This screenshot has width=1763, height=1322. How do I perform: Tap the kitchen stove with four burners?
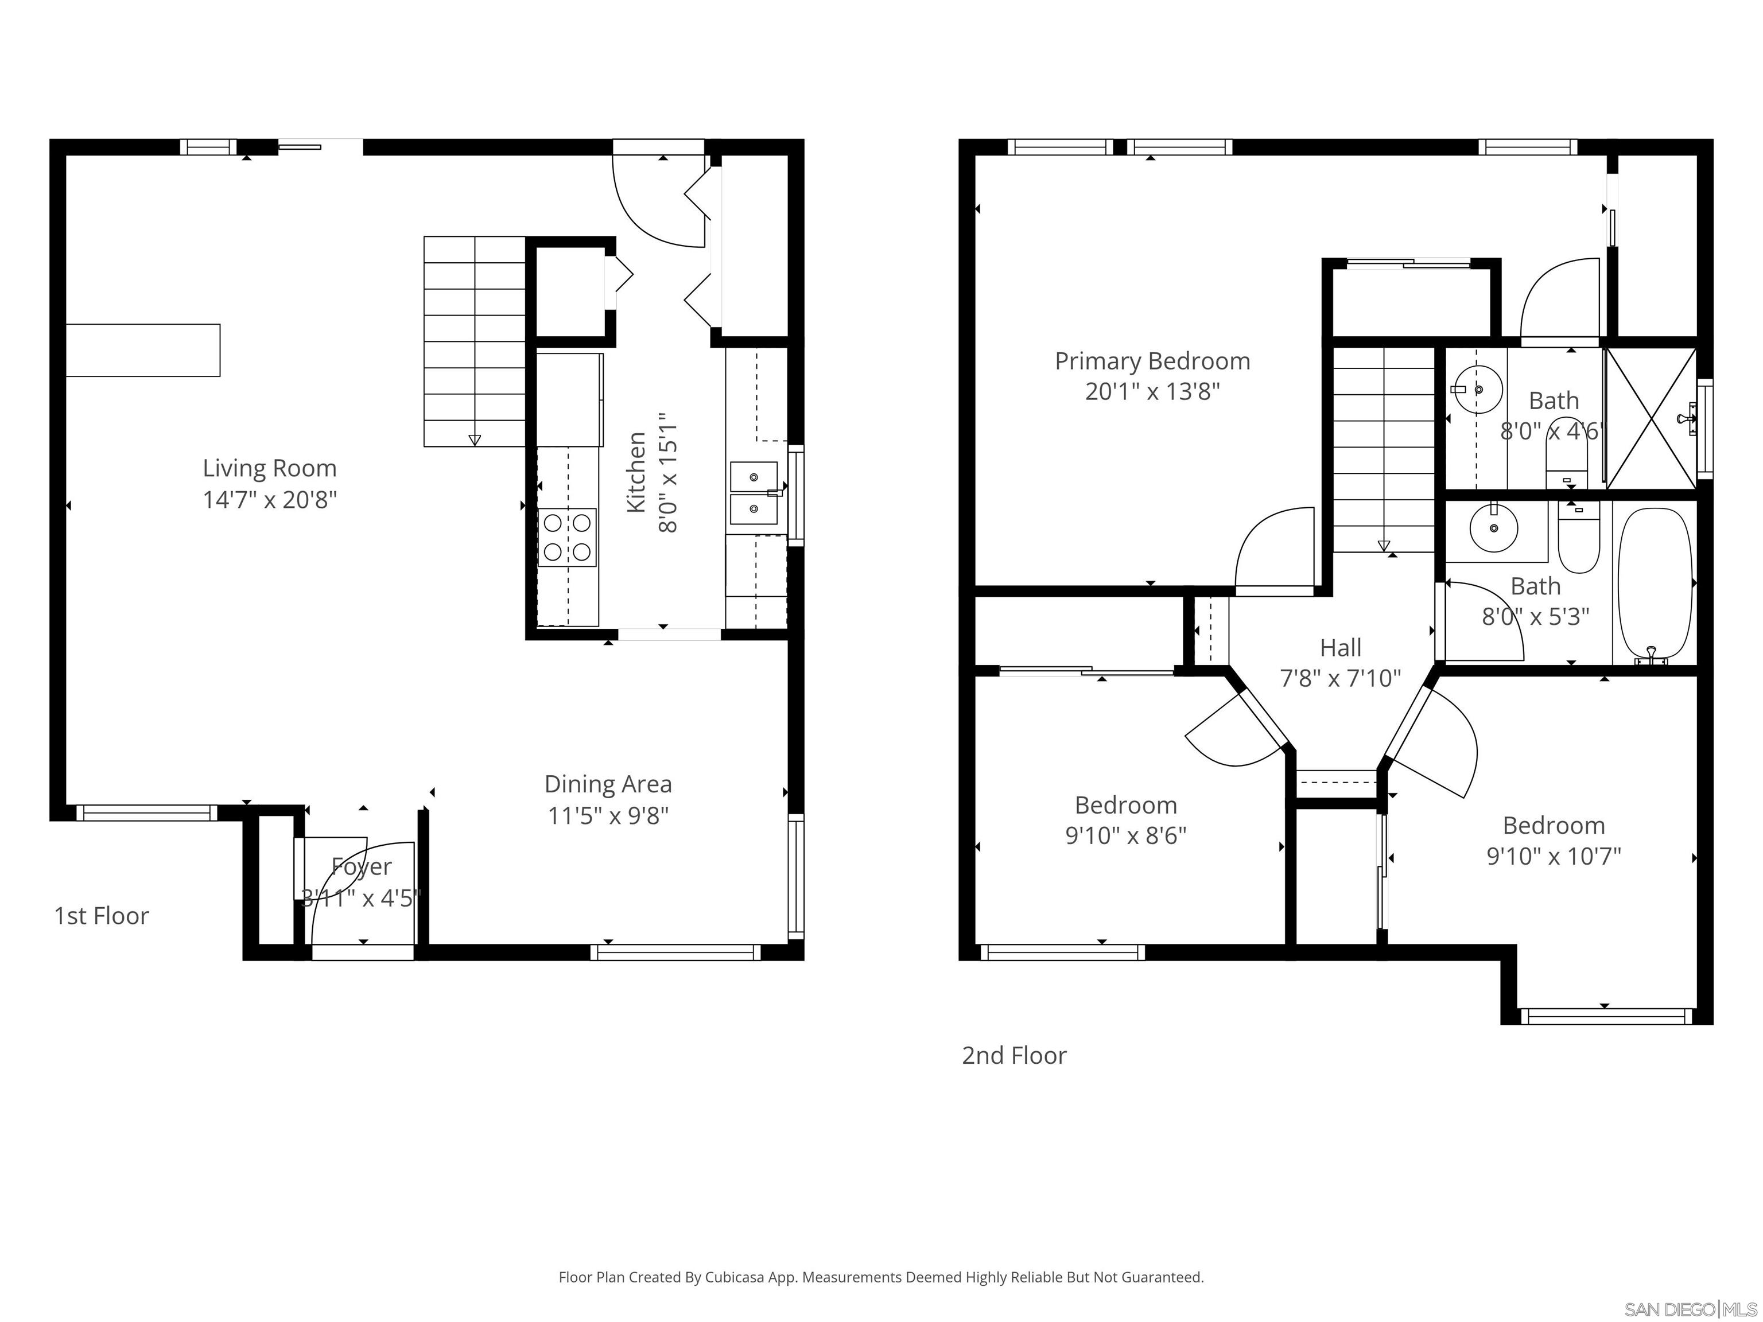(x=566, y=538)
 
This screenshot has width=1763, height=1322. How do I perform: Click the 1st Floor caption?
(x=101, y=916)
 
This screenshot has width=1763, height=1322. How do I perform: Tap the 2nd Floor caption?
(x=1014, y=1055)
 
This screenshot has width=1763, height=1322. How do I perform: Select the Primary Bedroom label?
(x=1152, y=361)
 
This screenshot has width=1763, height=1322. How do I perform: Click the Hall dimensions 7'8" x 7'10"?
(x=1340, y=678)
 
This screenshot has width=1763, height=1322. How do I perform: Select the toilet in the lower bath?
(x=1578, y=542)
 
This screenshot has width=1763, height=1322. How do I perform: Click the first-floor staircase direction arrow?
(x=475, y=439)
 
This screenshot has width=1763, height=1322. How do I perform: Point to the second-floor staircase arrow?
(x=1384, y=546)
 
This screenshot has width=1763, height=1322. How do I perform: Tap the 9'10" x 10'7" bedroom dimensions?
(x=1554, y=856)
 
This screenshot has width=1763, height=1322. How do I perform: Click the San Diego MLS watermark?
(x=1690, y=1309)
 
